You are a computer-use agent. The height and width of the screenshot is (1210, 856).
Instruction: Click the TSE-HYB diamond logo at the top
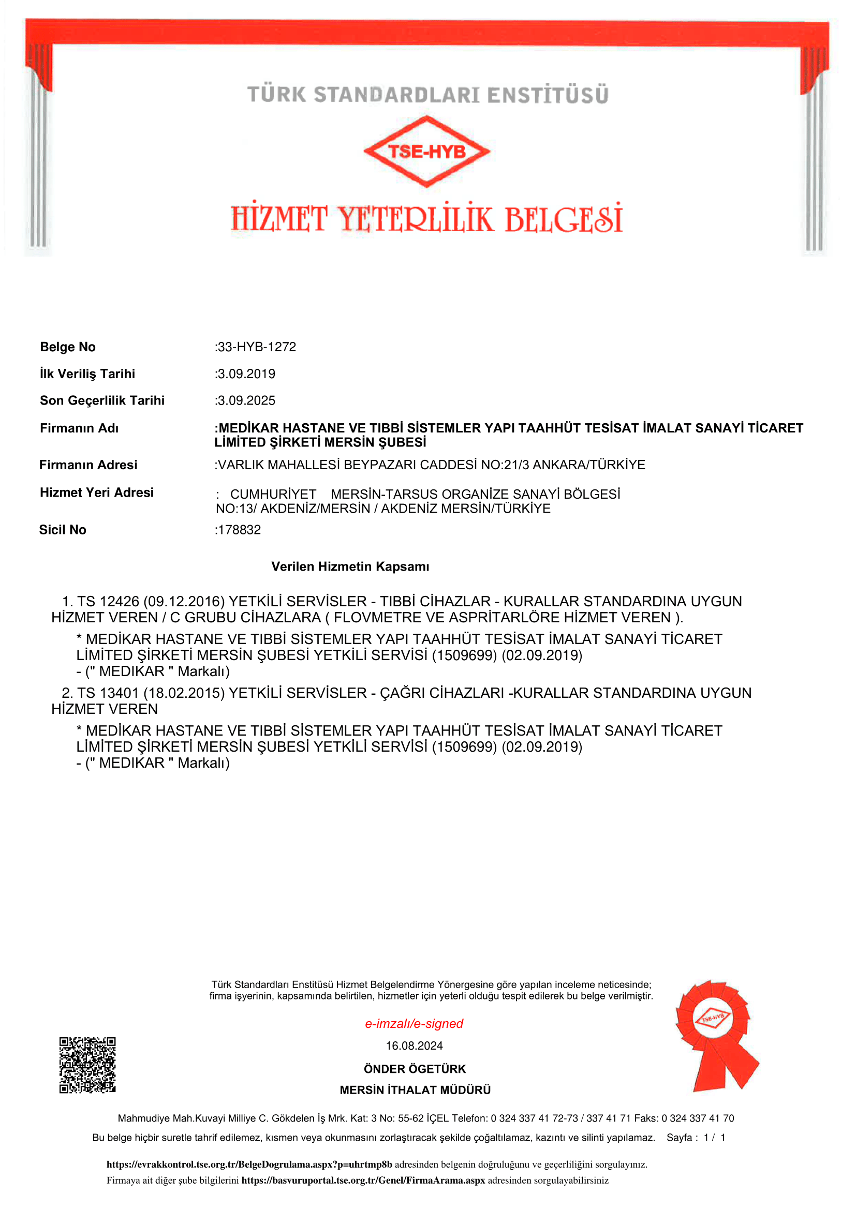(426, 151)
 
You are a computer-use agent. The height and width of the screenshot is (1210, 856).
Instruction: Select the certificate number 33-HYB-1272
(257, 347)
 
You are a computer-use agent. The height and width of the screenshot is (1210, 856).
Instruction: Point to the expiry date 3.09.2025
(246, 400)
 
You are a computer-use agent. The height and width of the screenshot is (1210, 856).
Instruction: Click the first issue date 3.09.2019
(246, 374)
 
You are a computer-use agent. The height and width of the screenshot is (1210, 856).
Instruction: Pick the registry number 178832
(239, 530)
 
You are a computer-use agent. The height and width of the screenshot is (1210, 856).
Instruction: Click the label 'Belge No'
(67, 347)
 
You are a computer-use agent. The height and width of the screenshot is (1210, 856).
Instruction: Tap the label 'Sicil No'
(62, 530)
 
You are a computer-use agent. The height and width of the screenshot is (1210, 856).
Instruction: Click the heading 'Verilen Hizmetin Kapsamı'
(350, 566)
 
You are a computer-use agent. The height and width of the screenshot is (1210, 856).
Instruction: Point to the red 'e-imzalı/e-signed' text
(414, 1023)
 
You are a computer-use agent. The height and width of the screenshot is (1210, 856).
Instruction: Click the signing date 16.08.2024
(414, 1045)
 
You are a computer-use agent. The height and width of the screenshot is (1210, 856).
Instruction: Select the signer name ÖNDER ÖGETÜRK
(415, 1069)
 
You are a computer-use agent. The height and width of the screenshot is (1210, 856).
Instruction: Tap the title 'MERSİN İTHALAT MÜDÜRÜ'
(415, 1090)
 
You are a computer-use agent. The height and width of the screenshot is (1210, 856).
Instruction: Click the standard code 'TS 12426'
(108, 601)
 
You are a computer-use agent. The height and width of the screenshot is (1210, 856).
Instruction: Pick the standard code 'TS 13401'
(108, 693)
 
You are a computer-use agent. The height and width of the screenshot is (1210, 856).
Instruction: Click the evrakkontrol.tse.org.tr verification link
(249, 1164)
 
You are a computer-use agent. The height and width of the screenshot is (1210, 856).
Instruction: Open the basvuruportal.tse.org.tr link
(363, 1181)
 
